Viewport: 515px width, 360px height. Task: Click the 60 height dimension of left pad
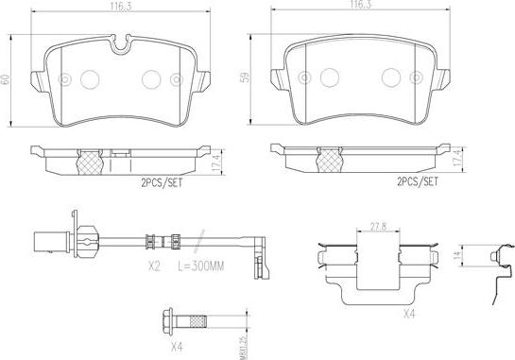click(x=6, y=79)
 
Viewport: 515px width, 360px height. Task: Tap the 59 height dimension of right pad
click(x=246, y=77)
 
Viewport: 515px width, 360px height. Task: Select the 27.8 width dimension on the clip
click(x=378, y=227)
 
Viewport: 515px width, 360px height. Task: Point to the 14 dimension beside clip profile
click(x=457, y=255)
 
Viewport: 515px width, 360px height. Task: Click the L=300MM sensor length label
click(x=200, y=266)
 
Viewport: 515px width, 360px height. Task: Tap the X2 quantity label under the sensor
click(x=154, y=266)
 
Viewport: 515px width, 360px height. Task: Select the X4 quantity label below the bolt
click(x=177, y=347)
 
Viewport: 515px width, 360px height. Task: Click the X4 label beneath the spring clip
click(x=409, y=314)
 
